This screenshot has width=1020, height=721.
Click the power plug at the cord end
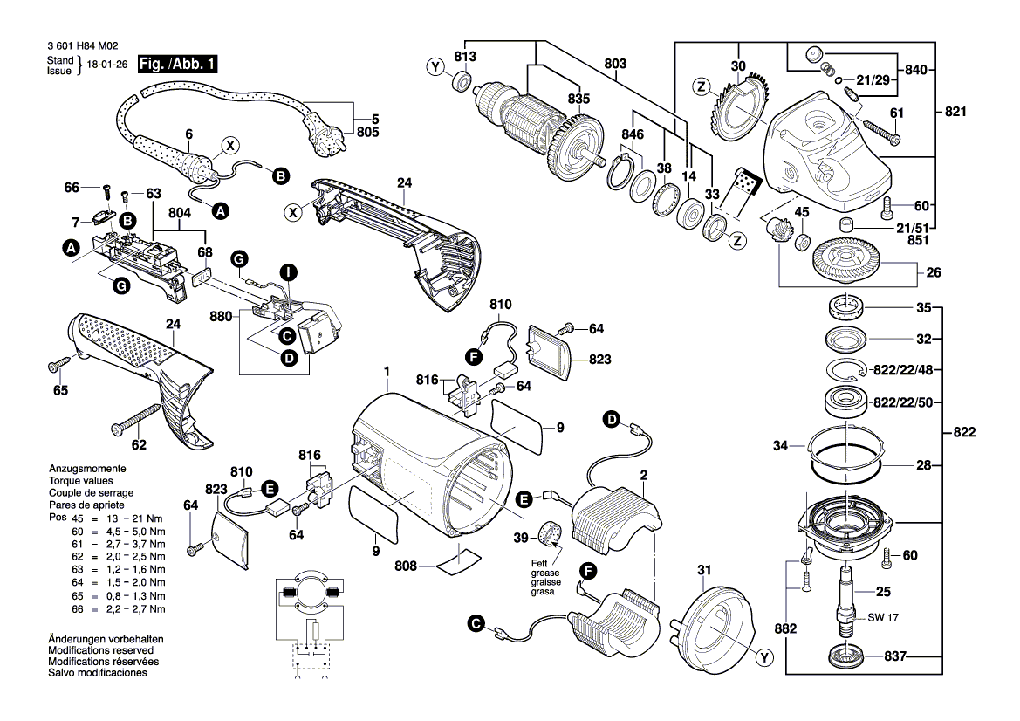[x=332, y=138]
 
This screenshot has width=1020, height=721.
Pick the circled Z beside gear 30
[x=700, y=86]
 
